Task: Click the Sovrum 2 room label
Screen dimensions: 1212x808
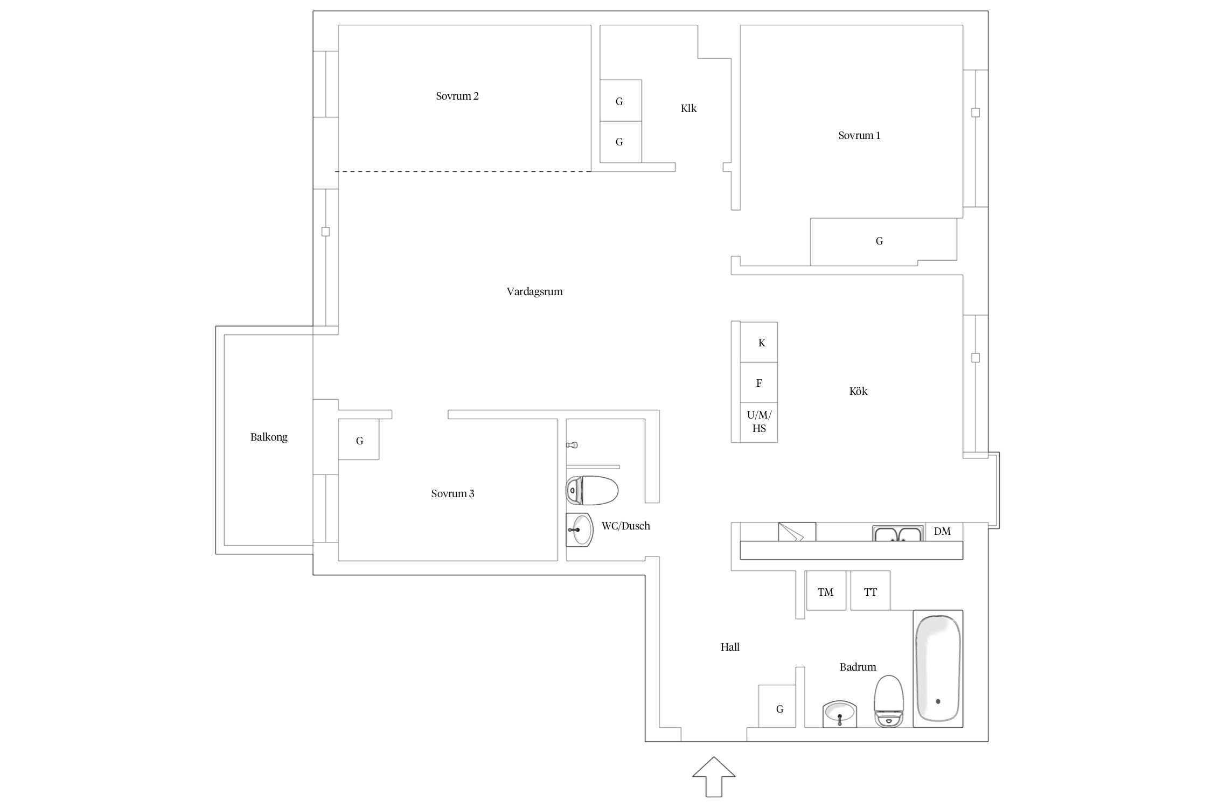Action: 457,96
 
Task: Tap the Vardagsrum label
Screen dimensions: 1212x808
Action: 534,292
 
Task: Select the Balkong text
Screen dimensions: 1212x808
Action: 269,437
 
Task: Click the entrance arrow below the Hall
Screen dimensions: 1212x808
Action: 714,776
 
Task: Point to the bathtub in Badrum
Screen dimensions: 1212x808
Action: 938,668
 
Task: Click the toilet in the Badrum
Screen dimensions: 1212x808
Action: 888,701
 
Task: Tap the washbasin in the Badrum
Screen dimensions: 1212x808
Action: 840,714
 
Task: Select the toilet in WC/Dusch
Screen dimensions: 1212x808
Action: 591,490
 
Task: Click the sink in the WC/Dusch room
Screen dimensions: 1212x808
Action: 579,530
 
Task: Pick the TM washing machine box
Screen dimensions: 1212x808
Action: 826,590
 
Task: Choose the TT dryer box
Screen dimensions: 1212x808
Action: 870,590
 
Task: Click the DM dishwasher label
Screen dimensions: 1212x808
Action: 942,532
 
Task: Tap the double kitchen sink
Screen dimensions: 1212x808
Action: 898,533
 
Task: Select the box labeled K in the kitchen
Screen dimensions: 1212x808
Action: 759,342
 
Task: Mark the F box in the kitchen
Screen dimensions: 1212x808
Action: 759,382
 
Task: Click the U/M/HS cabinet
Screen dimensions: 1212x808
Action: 759,422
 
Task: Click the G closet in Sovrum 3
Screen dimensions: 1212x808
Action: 359,440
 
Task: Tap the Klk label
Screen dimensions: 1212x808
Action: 688,109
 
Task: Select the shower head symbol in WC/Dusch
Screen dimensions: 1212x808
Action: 572,445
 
